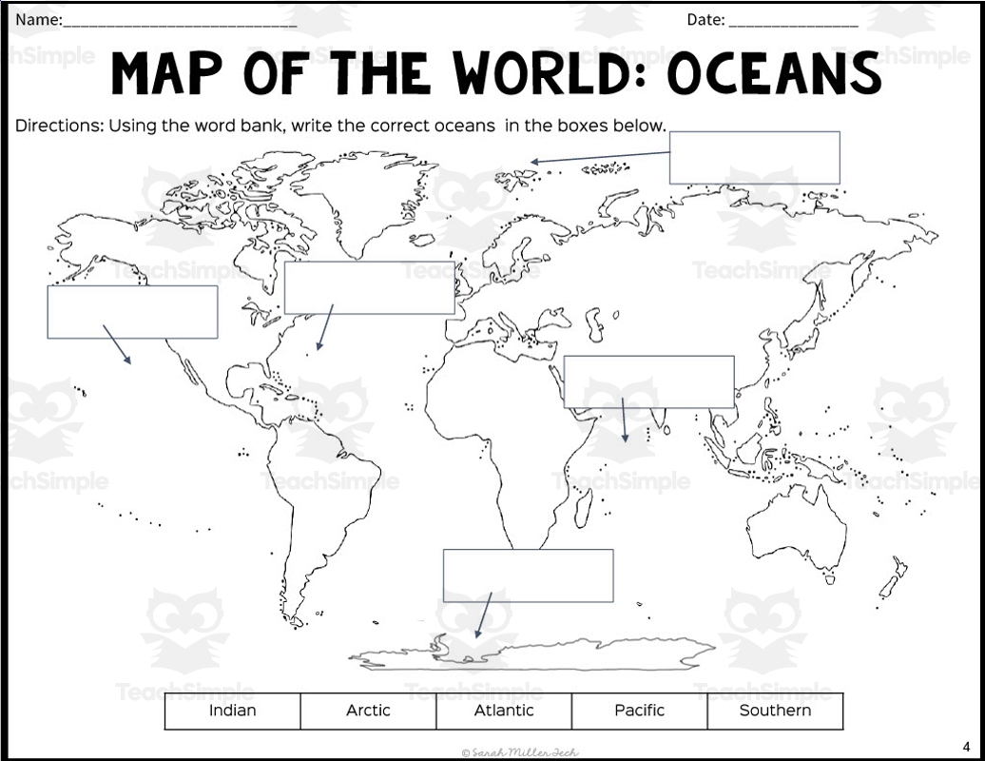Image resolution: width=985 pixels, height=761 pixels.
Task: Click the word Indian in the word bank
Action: point(232,711)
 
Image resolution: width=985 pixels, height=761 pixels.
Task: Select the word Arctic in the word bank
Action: point(368,711)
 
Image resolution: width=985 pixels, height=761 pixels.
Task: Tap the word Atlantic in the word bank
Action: point(504,711)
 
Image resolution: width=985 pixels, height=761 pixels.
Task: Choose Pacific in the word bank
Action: point(640,711)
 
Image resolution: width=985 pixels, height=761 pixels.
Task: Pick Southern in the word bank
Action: point(775,711)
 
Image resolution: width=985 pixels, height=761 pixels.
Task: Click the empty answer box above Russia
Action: point(754,158)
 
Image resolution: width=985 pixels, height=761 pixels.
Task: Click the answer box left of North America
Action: point(132,312)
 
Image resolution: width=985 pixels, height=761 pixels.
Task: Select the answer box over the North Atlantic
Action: point(369,287)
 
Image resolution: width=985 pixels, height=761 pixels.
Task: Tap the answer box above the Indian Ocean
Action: point(648,381)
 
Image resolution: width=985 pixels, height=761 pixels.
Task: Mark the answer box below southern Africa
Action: point(528,576)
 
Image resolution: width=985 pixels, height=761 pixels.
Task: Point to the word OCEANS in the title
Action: point(773,74)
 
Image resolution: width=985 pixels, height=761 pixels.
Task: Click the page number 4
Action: point(966,746)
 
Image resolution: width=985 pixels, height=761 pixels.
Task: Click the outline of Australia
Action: point(794,528)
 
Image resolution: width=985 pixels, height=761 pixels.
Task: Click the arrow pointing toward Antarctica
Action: point(483,615)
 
